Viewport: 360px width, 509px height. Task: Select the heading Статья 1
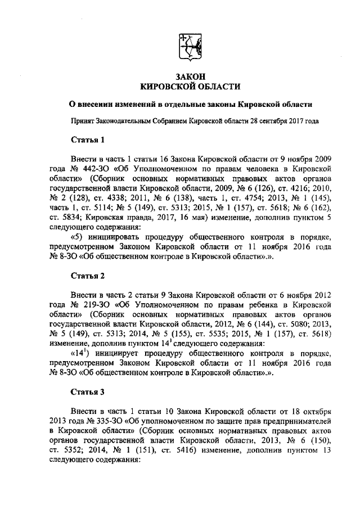click(87, 139)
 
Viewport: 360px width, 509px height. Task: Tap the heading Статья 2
click(87, 276)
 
